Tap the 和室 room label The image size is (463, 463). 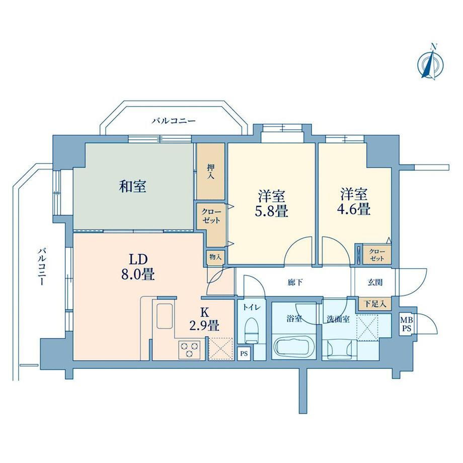click(132, 187)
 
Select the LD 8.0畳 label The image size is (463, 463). click(137, 267)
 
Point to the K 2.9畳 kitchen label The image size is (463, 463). click(204, 319)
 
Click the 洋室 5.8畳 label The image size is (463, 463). click(271, 203)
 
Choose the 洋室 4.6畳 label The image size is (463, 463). click(354, 202)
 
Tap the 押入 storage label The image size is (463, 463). click(210, 172)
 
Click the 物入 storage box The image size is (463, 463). click(215, 257)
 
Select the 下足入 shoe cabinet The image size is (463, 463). click(375, 303)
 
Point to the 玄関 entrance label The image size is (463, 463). click(375, 283)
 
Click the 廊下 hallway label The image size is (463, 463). click(295, 283)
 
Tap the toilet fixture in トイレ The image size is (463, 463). click(252, 330)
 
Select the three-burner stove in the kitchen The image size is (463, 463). click(189, 350)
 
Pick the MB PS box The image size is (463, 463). click(407, 324)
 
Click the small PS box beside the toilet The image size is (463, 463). click(244, 353)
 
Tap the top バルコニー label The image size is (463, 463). click(174, 121)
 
